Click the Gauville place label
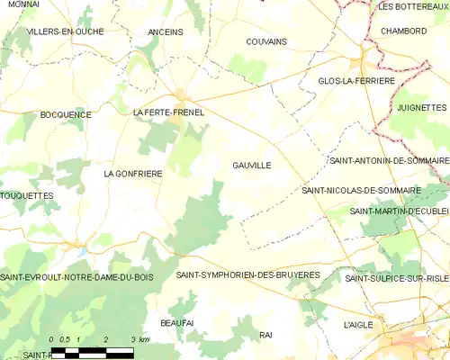tap(251, 166)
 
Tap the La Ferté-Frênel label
tap(168, 112)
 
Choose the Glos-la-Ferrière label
tap(356, 81)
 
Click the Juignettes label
tap(421, 107)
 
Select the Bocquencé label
tap(66, 114)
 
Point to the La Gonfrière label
tap(133, 173)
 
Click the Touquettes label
tap(27, 195)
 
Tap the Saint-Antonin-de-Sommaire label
tap(389, 160)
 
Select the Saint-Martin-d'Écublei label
tap(399, 211)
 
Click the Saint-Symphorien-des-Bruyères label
tap(247, 274)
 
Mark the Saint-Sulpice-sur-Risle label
tap(397, 279)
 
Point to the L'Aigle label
tap(358, 324)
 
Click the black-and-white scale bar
tap(93, 351)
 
